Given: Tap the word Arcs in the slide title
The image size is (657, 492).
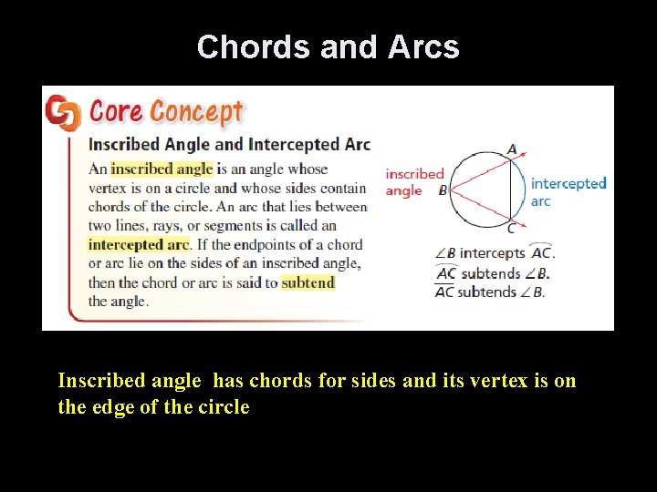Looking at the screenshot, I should (423, 47).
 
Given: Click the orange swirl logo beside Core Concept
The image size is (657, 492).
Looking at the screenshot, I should (63, 113).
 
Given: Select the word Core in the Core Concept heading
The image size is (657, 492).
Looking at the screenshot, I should (116, 112).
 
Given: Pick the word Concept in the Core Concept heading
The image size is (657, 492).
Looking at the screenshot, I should (196, 112).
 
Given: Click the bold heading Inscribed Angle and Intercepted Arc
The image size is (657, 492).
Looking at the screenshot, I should (228, 144).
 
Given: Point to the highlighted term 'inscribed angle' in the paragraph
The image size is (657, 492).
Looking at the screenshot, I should (162, 169).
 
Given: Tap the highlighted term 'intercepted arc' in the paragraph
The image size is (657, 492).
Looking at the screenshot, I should (138, 244).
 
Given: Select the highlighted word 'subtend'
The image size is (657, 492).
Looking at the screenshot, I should (308, 282).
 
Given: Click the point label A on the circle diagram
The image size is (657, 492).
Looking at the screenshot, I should (511, 149).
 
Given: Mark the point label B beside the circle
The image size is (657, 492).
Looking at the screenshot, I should (443, 191).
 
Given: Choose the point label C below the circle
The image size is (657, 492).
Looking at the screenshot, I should (511, 228).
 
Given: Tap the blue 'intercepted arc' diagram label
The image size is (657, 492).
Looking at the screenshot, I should (568, 191).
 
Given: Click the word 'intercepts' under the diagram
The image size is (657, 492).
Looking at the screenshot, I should (492, 253).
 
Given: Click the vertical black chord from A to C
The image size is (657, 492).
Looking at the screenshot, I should (510, 189).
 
